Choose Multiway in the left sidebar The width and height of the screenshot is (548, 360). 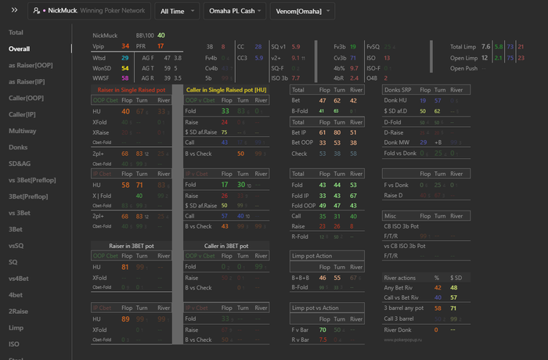coord(22,131)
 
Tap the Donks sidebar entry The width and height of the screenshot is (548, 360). coord(19,147)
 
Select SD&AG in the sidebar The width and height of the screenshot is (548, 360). coord(20,164)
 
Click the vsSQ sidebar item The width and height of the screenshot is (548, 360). coord(17,246)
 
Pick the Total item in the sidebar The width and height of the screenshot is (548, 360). coord(16,33)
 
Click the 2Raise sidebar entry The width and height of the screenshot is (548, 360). coord(19,311)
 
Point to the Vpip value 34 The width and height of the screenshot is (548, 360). coord(125,47)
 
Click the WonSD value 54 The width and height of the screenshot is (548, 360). coord(125,68)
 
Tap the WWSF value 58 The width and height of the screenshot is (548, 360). coord(125,78)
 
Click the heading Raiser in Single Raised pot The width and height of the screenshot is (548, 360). coord(131,90)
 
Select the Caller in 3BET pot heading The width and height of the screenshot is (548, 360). coord(228,246)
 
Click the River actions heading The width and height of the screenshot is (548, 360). coord(405,277)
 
